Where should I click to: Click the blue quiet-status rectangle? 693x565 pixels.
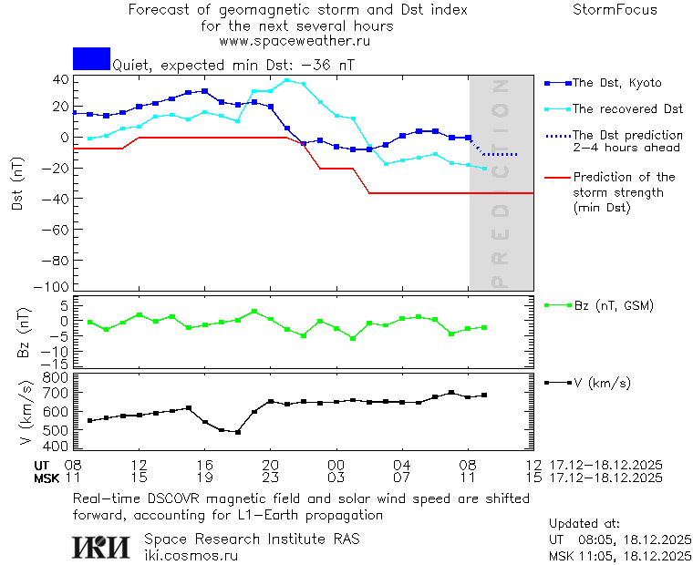tap(91, 58)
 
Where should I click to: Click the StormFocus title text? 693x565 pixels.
tap(615, 11)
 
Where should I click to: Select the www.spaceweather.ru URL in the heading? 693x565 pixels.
tap(295, 41)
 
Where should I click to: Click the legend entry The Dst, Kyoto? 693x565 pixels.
tap(616, 83)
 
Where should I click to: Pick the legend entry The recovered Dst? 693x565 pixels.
tap(627, 109)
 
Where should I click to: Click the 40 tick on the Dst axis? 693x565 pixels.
tap(60, 79)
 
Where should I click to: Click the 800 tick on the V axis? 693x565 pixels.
tap(56, 377)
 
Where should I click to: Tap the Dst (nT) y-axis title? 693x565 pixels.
tap(17, 184)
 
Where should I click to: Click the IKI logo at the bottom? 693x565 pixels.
tap(102, 547)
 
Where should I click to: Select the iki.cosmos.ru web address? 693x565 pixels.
tap(191, 555)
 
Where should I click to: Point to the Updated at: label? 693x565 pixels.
tap(584, 524)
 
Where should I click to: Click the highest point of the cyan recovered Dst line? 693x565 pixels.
tap(287, 80)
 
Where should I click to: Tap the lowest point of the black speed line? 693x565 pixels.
tap(238, 432)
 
